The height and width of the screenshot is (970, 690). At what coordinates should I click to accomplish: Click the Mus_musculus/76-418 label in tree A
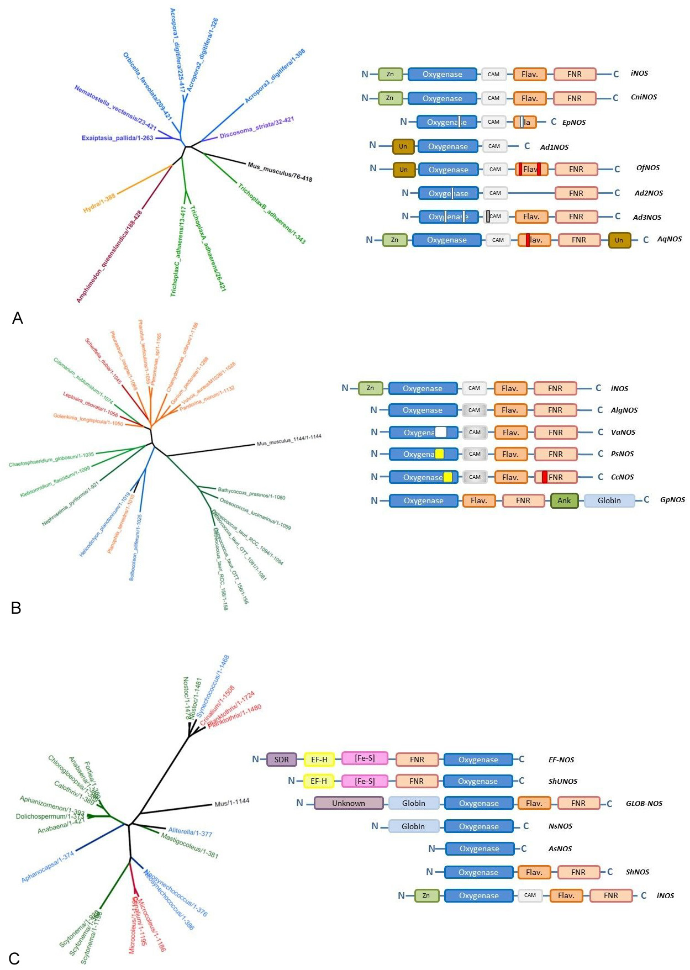[x=280, y=172]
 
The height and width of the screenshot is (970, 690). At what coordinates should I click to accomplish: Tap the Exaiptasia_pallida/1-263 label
[x=117, y=138]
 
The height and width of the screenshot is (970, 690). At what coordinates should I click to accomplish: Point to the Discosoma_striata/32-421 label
[x=256, y=128]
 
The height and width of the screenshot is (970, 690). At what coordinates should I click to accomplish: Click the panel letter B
[x=16, y=608]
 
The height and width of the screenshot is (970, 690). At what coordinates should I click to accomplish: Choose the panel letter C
[x=14, y=958]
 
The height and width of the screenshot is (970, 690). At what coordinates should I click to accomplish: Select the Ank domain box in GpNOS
[x=564, y=500]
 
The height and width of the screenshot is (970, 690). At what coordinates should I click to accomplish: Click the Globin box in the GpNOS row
[x=609, y=500]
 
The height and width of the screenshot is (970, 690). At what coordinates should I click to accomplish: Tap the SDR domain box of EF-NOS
[x=282, y=760]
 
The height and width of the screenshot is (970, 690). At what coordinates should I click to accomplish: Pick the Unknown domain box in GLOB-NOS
[x=349, y=803]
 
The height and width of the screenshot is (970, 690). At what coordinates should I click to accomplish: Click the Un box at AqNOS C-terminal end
[x=619, y=240]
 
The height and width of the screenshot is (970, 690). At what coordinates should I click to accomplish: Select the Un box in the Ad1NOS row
[x=403, y=146]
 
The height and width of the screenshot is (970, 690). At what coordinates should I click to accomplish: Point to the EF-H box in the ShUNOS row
[x=319, y=781]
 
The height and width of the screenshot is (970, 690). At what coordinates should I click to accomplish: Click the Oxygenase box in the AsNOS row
[x=480, y=848]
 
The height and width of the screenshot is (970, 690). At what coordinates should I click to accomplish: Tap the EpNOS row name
[x=574, y=123]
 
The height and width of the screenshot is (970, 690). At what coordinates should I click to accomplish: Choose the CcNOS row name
[x=622, y=477]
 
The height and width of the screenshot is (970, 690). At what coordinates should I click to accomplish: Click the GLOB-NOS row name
[x=644, y=804]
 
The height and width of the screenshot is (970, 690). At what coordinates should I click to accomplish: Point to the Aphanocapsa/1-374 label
[x=48, y=867]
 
